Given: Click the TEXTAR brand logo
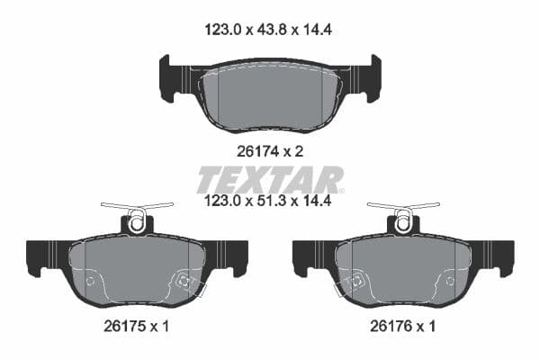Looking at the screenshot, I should pos(270,178).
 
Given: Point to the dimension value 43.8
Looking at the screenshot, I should pos(270,30).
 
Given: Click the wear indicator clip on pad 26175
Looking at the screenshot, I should pos(187,283).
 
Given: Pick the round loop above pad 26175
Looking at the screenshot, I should pos(137,221).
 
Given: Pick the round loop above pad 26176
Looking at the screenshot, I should pos(403,221).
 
